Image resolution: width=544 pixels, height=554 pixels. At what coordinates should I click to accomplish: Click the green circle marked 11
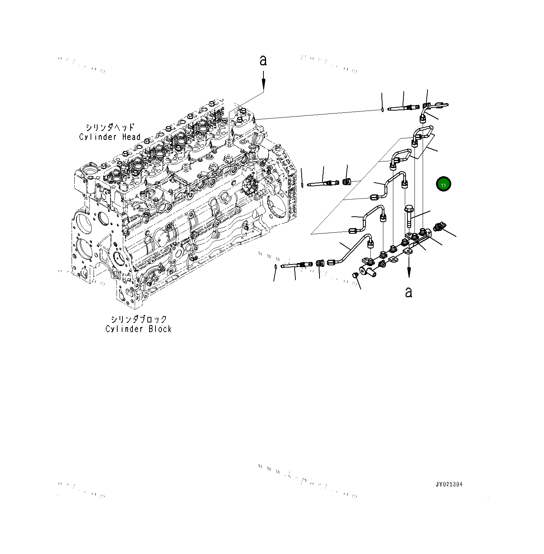click(443, 184)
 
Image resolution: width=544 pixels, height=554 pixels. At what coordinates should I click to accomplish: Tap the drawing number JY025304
click(449, 485)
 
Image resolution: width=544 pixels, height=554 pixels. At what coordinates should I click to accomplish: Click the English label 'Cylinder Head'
click(110, 137)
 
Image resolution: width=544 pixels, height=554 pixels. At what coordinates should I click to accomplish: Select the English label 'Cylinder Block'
click(138, 329)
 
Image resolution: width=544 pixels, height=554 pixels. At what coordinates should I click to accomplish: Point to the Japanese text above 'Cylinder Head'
click(110, 127)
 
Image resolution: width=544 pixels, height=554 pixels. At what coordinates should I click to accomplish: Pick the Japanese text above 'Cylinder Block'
click(138, 319)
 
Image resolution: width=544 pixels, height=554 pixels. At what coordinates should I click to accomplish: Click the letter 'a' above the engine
click(263, 60)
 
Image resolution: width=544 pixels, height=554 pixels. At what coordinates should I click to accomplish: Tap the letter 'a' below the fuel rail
click(409, 292)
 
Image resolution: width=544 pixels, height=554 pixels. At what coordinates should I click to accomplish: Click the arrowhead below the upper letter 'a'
click(263, 86)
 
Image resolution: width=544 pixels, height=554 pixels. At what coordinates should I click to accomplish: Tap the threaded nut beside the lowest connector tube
click(319, 263)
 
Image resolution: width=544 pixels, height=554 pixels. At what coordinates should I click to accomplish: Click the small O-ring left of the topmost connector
click(382, 109)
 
